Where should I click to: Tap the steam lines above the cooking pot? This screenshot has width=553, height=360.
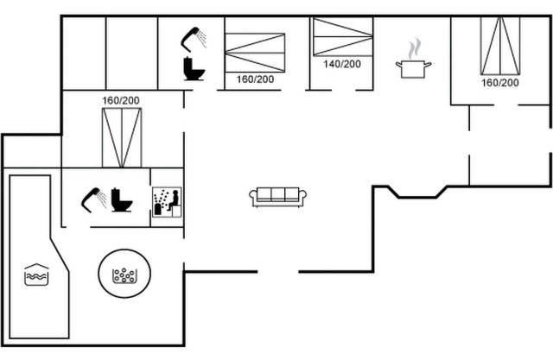pyautogui.click(x=415, y=46)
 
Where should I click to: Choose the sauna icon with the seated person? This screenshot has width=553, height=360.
pyautogui.click(x=167, y=199)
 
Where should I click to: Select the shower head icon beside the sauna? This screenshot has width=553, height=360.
pyautogui.click(x=92, y=199)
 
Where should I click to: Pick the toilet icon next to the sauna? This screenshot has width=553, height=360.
pyautogui.click(x=122, y=201)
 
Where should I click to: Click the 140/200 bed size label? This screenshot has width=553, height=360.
pyautogui.click(x=342, y=64)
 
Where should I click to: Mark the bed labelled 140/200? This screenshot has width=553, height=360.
pyautogui.click(x=342, y=37)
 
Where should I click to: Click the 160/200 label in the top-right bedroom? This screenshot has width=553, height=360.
pyautogui.click(x=499, y=83)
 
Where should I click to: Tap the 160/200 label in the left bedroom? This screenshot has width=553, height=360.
pyautogui.click(x=120, y=101)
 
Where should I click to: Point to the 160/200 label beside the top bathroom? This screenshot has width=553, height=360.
pyautogui.click(x=255, y=79)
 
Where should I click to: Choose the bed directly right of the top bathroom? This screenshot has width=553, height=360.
pyautogui.click(x=255, y=53)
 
